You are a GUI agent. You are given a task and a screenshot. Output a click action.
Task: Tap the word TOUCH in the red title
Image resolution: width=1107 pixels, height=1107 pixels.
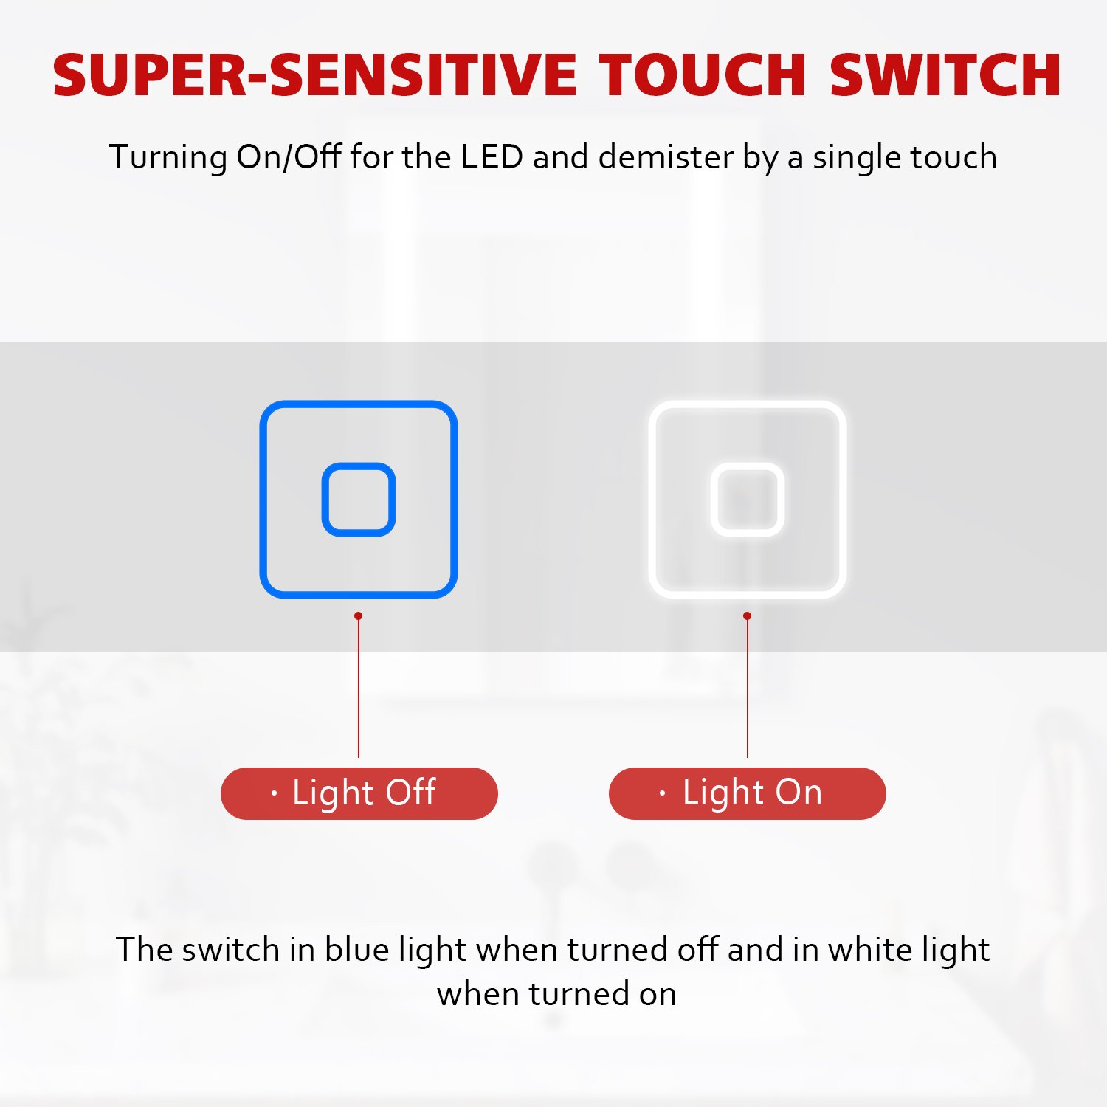tap(703, 75)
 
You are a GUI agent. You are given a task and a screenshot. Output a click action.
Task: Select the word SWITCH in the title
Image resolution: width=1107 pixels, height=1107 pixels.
tap(945, 75)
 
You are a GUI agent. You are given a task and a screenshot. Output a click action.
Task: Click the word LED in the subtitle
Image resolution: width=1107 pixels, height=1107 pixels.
tap(492, 157)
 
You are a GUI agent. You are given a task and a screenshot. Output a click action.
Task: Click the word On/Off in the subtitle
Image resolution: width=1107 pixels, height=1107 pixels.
tap(289, 157)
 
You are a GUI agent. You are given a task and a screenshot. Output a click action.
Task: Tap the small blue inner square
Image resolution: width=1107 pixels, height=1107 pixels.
tap(359, 500)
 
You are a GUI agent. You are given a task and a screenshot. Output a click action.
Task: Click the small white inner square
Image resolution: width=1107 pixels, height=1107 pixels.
tap(748, 500)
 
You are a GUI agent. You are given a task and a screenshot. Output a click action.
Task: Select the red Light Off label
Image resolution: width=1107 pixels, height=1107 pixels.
tap(359, 793)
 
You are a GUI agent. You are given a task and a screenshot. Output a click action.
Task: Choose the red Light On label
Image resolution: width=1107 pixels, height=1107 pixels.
tap(748, 793)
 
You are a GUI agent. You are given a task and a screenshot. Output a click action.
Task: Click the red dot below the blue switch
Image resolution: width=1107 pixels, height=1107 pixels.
tap(359, 615)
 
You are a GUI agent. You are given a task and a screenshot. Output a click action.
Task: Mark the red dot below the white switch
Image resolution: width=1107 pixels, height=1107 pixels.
tap(748, 615)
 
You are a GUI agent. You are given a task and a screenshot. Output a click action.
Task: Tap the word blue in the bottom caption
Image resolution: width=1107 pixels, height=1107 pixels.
tap(356, 949)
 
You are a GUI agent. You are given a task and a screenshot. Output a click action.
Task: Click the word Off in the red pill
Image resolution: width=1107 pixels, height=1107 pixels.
tap(410, 792)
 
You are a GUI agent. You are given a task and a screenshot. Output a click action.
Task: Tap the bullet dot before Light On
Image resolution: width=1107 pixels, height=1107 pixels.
tap(662, 793)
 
